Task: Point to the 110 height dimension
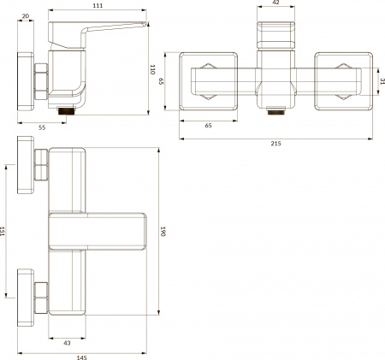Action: (x=153, y=69)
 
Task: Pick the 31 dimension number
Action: (x=381, y=81)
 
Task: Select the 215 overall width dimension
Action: (x=275, y=144)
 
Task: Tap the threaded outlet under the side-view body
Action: (x=68, y=109)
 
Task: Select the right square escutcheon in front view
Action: (x=342, y=81)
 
